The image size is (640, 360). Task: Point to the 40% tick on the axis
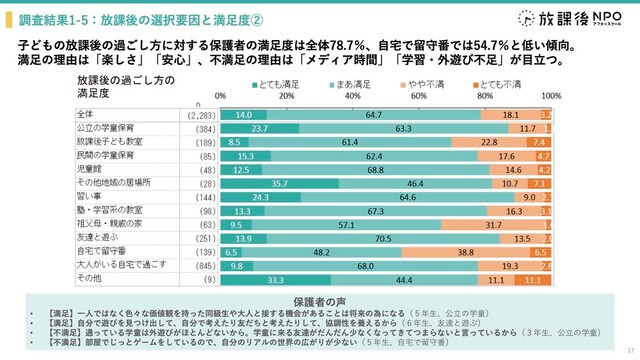click(353, 96)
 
